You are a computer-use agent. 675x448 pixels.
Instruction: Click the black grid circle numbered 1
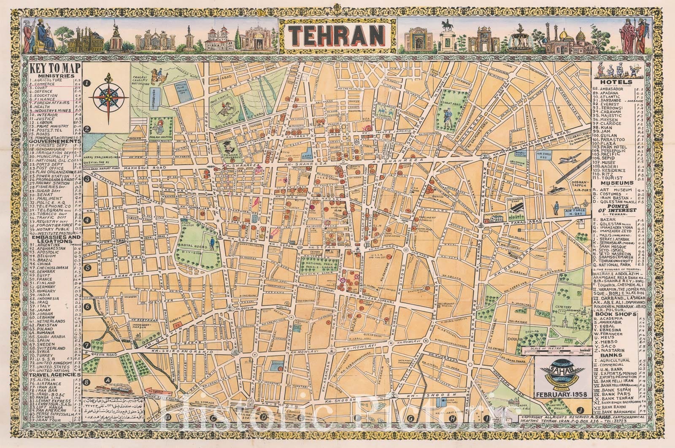tap(87, 84)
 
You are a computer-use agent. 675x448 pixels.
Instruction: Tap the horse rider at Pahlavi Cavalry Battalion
tap(160, 76)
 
